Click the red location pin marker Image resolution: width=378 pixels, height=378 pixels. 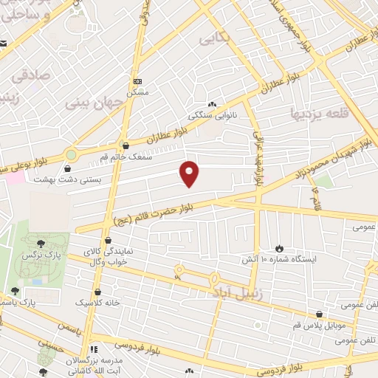pyautogui.click(x=190, y=173)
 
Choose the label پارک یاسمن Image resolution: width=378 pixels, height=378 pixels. pyautogui.click(x=36, y=302)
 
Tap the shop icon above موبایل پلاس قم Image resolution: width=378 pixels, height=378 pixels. pyautogui.click(x=319, y=314)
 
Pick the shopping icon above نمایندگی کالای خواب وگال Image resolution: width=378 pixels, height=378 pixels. pyautogui.click(x=109, y=240)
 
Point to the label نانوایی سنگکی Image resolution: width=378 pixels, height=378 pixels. pyautogui.click(x=212, y=115)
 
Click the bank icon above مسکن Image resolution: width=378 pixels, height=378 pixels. pyautogui.click(x=137, y=81)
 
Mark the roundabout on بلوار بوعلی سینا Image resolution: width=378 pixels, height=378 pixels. pyautogui.click(x=71, y=156)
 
